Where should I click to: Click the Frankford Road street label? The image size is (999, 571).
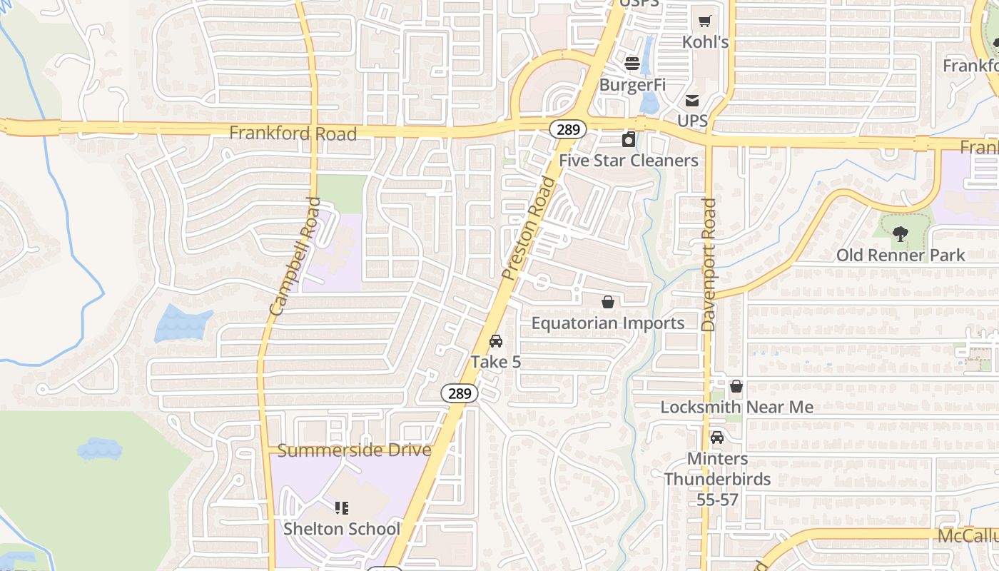tap(293, 133)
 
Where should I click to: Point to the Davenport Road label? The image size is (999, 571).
tap(708, 265)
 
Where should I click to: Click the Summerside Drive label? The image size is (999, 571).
tap(354, 450)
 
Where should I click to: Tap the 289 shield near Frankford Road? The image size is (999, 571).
tap(568, 129)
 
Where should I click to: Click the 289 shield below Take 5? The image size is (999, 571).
tap(459, 393)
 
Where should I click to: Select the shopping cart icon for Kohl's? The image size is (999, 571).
tap(705, 21)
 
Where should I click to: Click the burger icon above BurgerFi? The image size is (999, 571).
tap(632, 64)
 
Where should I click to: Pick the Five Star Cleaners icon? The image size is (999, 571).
tap(629, 139)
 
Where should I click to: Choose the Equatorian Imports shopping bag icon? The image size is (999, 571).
tap(608, 302)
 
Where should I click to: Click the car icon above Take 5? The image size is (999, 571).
tap(496, 341)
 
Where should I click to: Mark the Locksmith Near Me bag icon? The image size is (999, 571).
tap(736, 386)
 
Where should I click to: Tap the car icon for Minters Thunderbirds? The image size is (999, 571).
tap(717, 438)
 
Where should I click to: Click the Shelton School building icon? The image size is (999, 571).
tap(342, 508)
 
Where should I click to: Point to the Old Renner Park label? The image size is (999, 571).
tap(901, 255)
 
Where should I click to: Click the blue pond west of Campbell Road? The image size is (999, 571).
tap(181, 323)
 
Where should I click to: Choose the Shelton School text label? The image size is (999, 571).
tap(342, 529)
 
